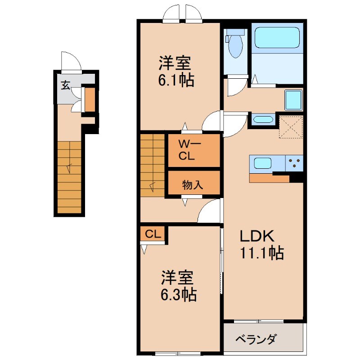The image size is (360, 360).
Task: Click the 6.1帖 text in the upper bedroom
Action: (176, 81)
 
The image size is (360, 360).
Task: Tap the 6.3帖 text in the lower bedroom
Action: (179, 295)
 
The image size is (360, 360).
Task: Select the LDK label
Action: (256, 236)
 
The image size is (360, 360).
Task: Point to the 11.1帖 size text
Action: (261, 254)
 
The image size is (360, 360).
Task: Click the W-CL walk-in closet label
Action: (187, 150)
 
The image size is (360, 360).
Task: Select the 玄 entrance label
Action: (66, 85)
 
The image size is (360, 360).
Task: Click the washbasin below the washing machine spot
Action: (263, 120)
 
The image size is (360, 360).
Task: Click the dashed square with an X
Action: (291, 127)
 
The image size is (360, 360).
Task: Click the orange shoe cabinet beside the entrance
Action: (90, 100)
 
